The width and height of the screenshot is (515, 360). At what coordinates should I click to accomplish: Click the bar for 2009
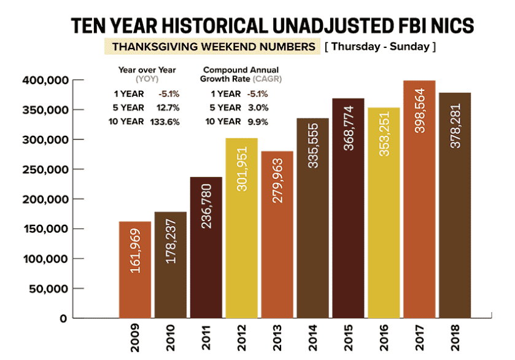(x=134, y=270)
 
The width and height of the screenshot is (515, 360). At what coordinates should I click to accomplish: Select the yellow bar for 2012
(x=241, y=228)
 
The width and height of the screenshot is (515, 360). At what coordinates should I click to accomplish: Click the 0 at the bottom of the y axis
(x=63, y=319)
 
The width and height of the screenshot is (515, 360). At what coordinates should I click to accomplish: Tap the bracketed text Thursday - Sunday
(x=379, y=47)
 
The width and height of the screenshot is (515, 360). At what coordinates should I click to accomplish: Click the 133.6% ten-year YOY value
(x=165, y=121)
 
